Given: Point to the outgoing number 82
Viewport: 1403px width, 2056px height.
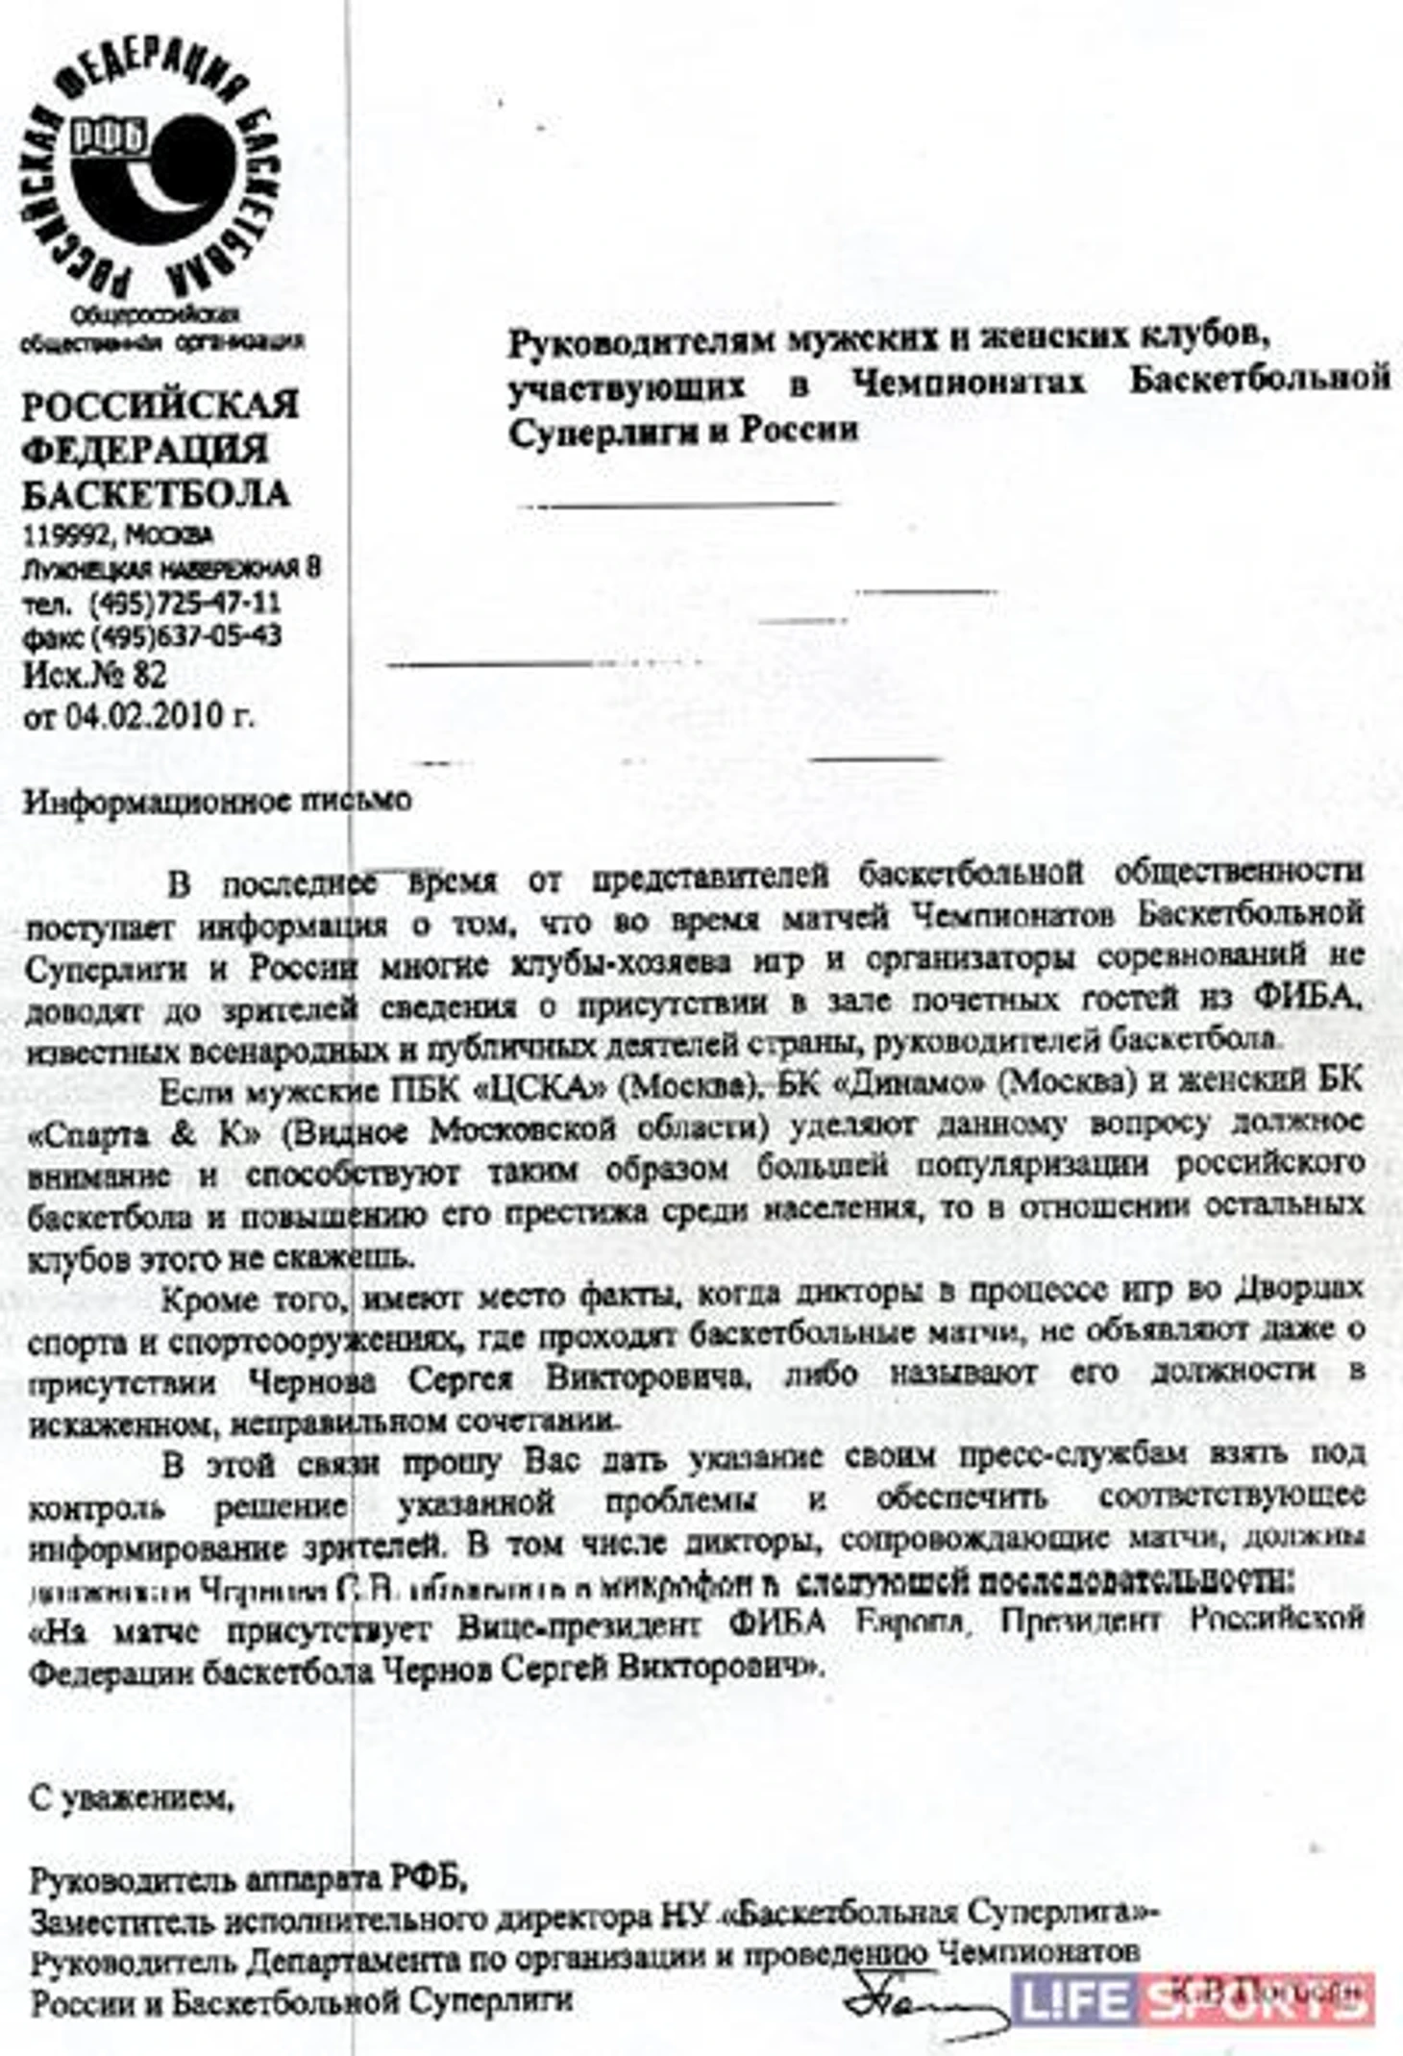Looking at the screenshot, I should tap(150, 675).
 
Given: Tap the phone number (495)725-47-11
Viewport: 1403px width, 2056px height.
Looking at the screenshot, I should tap(185, 603).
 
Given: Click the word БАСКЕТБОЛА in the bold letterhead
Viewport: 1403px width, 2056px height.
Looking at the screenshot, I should tap(156, 494).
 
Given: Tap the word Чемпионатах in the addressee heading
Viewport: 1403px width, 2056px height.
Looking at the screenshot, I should tap(970, 383).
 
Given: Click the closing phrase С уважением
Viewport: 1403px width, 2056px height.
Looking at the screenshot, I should tap(131, 1796).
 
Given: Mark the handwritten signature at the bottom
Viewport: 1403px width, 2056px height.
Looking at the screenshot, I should tap(918, 1998).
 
